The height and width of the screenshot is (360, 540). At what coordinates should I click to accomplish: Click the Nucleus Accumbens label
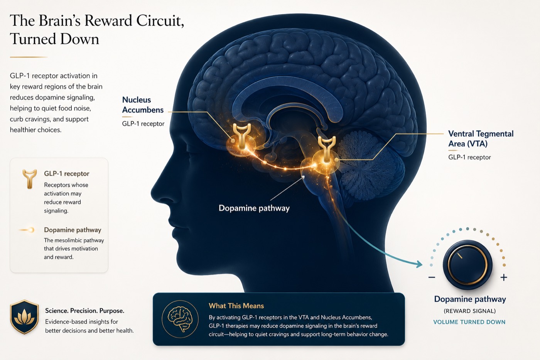point(143,105)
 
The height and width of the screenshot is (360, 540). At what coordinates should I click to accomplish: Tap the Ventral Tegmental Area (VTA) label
point(481,139)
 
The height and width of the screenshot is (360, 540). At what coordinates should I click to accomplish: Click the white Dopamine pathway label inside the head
point(254,208)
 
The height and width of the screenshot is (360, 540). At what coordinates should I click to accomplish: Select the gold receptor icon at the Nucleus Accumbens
point(241,136)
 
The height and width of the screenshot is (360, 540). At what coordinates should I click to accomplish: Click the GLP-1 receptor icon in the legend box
point(29,179)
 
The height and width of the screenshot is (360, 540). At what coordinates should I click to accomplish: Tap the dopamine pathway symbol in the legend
point(27,230)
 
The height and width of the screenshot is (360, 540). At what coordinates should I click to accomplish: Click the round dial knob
point(467,265)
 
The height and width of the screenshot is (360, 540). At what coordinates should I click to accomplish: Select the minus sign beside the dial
point(432,277)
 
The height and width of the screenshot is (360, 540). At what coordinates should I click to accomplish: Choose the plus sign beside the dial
point(504,277)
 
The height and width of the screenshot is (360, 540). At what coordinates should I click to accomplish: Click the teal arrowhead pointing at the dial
point(419,264)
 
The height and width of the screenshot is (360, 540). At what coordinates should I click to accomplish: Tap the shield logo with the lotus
point(24,317)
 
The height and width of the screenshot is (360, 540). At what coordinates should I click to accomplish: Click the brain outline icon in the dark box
point(180,319)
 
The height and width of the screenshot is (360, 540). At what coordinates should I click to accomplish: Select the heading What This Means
point(236,306)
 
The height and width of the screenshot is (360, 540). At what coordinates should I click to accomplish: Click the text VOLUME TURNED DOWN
point(469,322)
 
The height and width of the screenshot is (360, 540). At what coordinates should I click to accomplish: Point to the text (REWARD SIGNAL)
point(470,311)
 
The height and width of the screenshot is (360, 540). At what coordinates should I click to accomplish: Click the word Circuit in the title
point(160,21)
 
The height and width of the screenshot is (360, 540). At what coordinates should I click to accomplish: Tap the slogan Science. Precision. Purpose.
point(84,311)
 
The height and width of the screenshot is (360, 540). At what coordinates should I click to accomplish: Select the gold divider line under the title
point(29,57)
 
